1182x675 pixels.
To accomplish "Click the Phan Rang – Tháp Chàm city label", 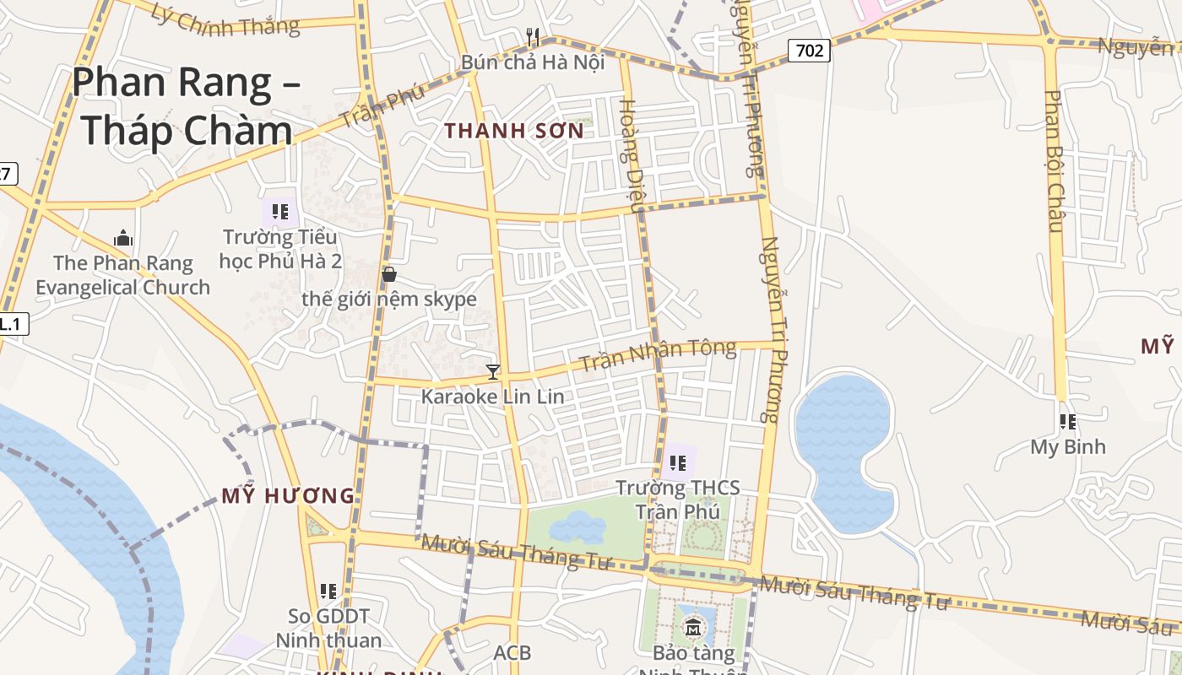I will (185, 107).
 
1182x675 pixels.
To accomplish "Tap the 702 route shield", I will (809, 51).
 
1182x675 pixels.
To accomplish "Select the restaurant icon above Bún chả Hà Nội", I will (533, 37).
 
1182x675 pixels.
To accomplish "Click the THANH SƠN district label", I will (514, 131).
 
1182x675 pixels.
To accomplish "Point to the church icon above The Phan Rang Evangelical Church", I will (123, 238).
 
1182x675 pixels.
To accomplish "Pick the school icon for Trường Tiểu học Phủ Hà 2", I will (279, 211).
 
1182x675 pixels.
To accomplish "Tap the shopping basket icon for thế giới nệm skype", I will (389, 274).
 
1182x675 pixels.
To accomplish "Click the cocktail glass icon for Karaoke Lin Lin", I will (493, 371).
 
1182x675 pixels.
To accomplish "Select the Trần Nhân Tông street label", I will (658, 356).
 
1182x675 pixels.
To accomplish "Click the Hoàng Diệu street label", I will (632, 155).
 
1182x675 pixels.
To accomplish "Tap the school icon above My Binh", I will (1068, 421).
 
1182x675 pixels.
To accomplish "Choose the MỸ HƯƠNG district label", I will (288, 496).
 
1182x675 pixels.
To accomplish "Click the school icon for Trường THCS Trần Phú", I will (677, 462).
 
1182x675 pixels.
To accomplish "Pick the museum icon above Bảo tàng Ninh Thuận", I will (693, 627).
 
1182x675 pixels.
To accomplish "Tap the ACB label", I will (512, 652).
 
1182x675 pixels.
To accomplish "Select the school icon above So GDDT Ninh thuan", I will (328, 591).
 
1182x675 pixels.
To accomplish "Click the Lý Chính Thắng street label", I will (226, 19).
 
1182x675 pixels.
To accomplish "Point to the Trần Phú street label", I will (382, 107).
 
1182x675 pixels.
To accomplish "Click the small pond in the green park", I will (577, 528).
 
